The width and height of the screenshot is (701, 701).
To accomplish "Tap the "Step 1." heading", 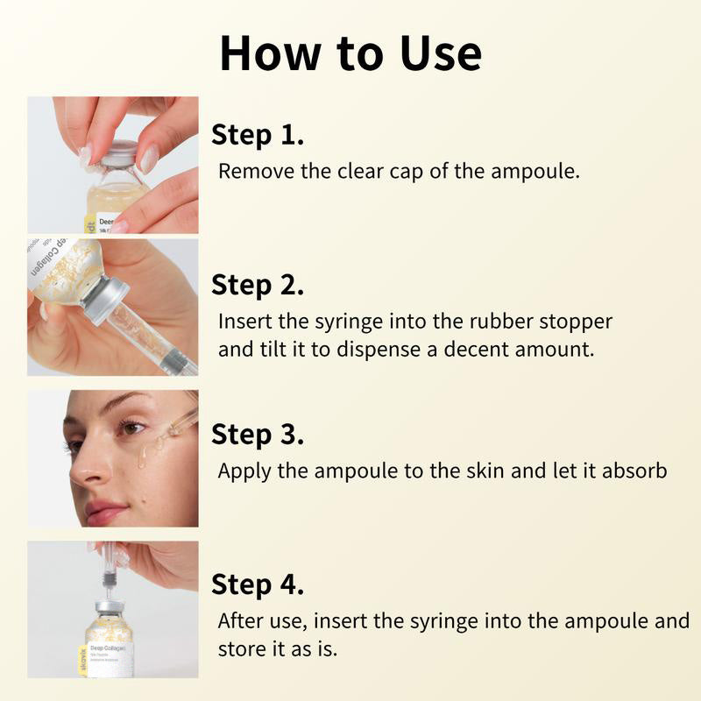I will (258, 135).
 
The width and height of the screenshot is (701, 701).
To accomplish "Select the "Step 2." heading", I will (258, 285).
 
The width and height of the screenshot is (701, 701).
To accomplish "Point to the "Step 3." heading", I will (258, 435).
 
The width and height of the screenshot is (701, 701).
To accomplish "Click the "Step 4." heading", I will (258, 584).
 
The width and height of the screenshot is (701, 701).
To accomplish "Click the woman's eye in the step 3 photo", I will (131, 428).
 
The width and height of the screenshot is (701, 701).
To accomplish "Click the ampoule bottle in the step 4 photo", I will (110, 644).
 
